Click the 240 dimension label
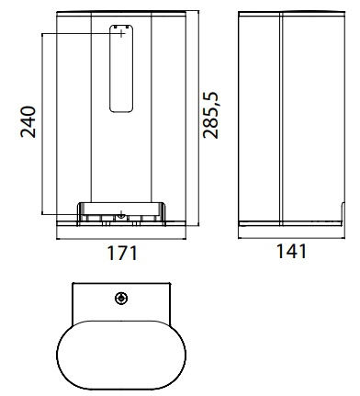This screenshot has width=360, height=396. [x=28, y=121]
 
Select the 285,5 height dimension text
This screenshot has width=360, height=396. [x=211, y=115]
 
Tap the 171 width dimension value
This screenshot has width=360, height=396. [x=122, y=254]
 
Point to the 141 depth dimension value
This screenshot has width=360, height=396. [x=291, y=252]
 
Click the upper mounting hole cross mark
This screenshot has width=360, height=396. [x=121, y=34]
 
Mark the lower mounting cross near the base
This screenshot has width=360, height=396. [x=121, y=213]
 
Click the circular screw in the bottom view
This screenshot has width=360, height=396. [x=121, y=298]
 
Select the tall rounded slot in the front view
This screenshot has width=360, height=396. [x=121, y=69]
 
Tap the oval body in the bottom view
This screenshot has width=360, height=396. [x=121, y=355]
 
